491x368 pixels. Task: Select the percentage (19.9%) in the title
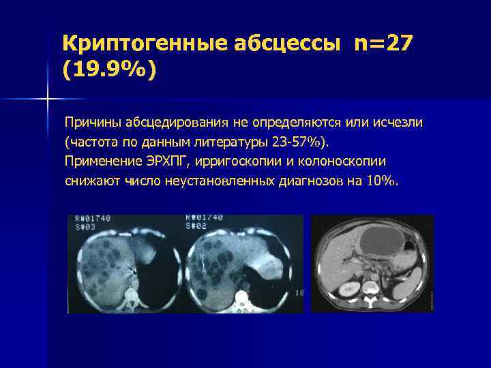coord(109,70)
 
